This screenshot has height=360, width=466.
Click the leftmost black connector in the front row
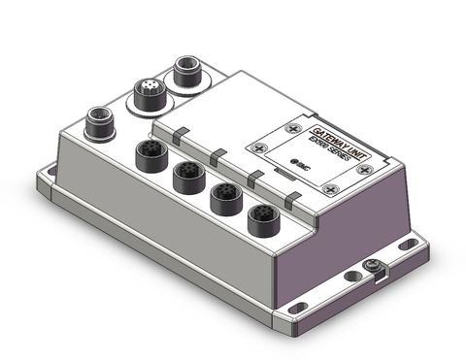coord(150,155)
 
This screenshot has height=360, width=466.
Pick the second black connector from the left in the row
coord(186,178)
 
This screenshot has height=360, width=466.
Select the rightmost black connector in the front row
coord(260,221)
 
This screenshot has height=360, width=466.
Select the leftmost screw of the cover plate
coord(256,147)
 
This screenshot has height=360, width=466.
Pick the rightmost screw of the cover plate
coord(364,170)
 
